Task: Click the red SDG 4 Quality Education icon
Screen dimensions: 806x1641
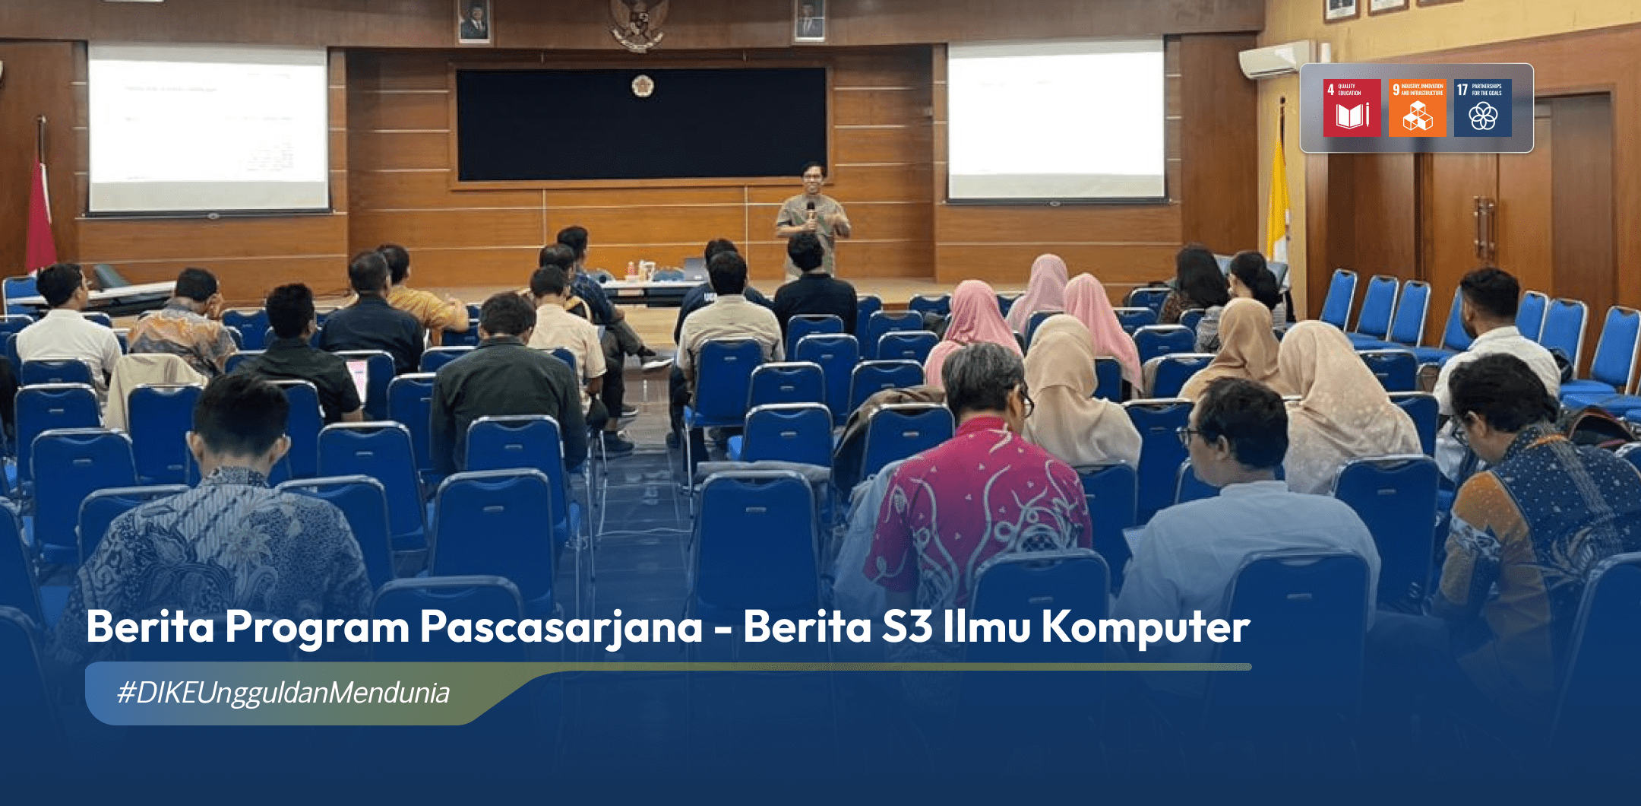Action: (1352, 108)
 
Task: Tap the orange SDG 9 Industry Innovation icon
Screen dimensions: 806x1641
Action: (1417, 108)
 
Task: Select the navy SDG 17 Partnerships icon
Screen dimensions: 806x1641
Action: (1482, 108)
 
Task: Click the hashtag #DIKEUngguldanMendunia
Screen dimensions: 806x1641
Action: (283, 693)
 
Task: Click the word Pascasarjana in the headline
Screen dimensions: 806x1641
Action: (561, 628)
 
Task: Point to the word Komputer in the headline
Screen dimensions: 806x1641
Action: (1145, 628)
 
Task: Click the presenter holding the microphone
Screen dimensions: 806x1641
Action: (811, 217)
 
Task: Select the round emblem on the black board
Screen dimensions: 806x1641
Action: (643, 87)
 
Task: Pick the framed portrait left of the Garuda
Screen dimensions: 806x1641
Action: (474, 21)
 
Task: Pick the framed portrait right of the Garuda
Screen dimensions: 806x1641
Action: (809, 21)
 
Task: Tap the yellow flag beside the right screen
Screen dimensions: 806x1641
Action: (1279, 190)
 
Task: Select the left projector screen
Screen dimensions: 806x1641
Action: (207, 128)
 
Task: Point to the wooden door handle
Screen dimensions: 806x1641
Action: (1481, 228)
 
